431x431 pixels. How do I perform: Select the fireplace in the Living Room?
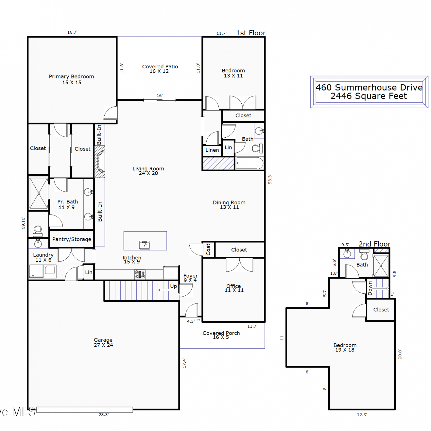pos(100,161)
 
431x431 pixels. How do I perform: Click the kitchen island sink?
pos(145,245)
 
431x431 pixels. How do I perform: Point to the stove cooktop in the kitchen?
pos(140,274)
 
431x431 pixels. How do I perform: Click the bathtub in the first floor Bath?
pos(249,163)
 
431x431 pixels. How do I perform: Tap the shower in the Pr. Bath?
pos(39,193)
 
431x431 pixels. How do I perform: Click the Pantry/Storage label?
pos(72,239)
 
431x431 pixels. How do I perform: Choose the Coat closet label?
pos(208,249)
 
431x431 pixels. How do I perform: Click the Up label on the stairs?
pos(173,286)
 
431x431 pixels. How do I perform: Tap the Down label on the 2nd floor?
pos(370,288)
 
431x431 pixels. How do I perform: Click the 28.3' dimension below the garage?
pos(104,415)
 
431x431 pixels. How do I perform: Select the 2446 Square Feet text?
pos(369,96)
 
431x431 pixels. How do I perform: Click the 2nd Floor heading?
pos(375,244)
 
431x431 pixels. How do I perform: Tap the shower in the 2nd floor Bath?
pos(381,266)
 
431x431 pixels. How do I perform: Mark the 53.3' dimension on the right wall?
pos(270,179)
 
